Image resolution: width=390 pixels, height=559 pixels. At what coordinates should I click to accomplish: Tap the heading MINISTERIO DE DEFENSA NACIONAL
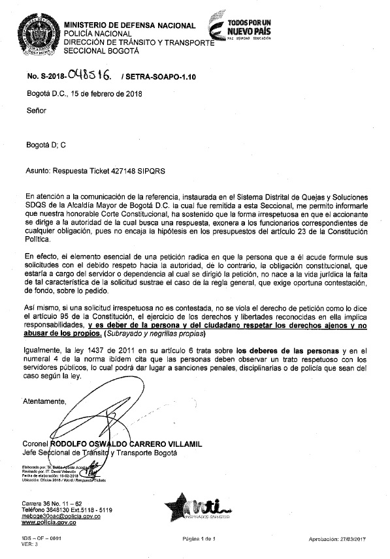coord(129,25)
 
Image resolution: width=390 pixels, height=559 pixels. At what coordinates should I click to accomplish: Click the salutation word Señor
coord(37,112)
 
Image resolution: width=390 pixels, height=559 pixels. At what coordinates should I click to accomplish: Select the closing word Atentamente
coord(45,401)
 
